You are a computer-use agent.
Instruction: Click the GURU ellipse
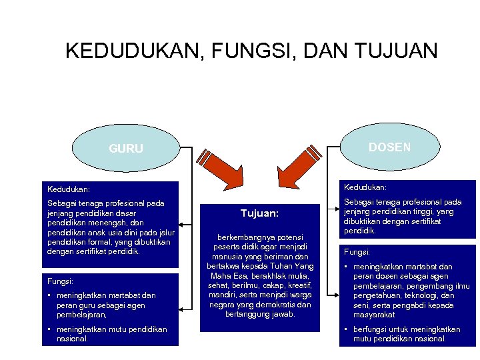click(125, 148)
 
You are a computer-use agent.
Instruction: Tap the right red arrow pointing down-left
click(298, 166)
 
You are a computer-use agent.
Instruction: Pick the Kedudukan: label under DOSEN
click(365, 187)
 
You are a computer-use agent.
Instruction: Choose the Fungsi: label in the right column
click(357, 253)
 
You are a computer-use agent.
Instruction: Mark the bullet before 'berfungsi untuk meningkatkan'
click(347, 329)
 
